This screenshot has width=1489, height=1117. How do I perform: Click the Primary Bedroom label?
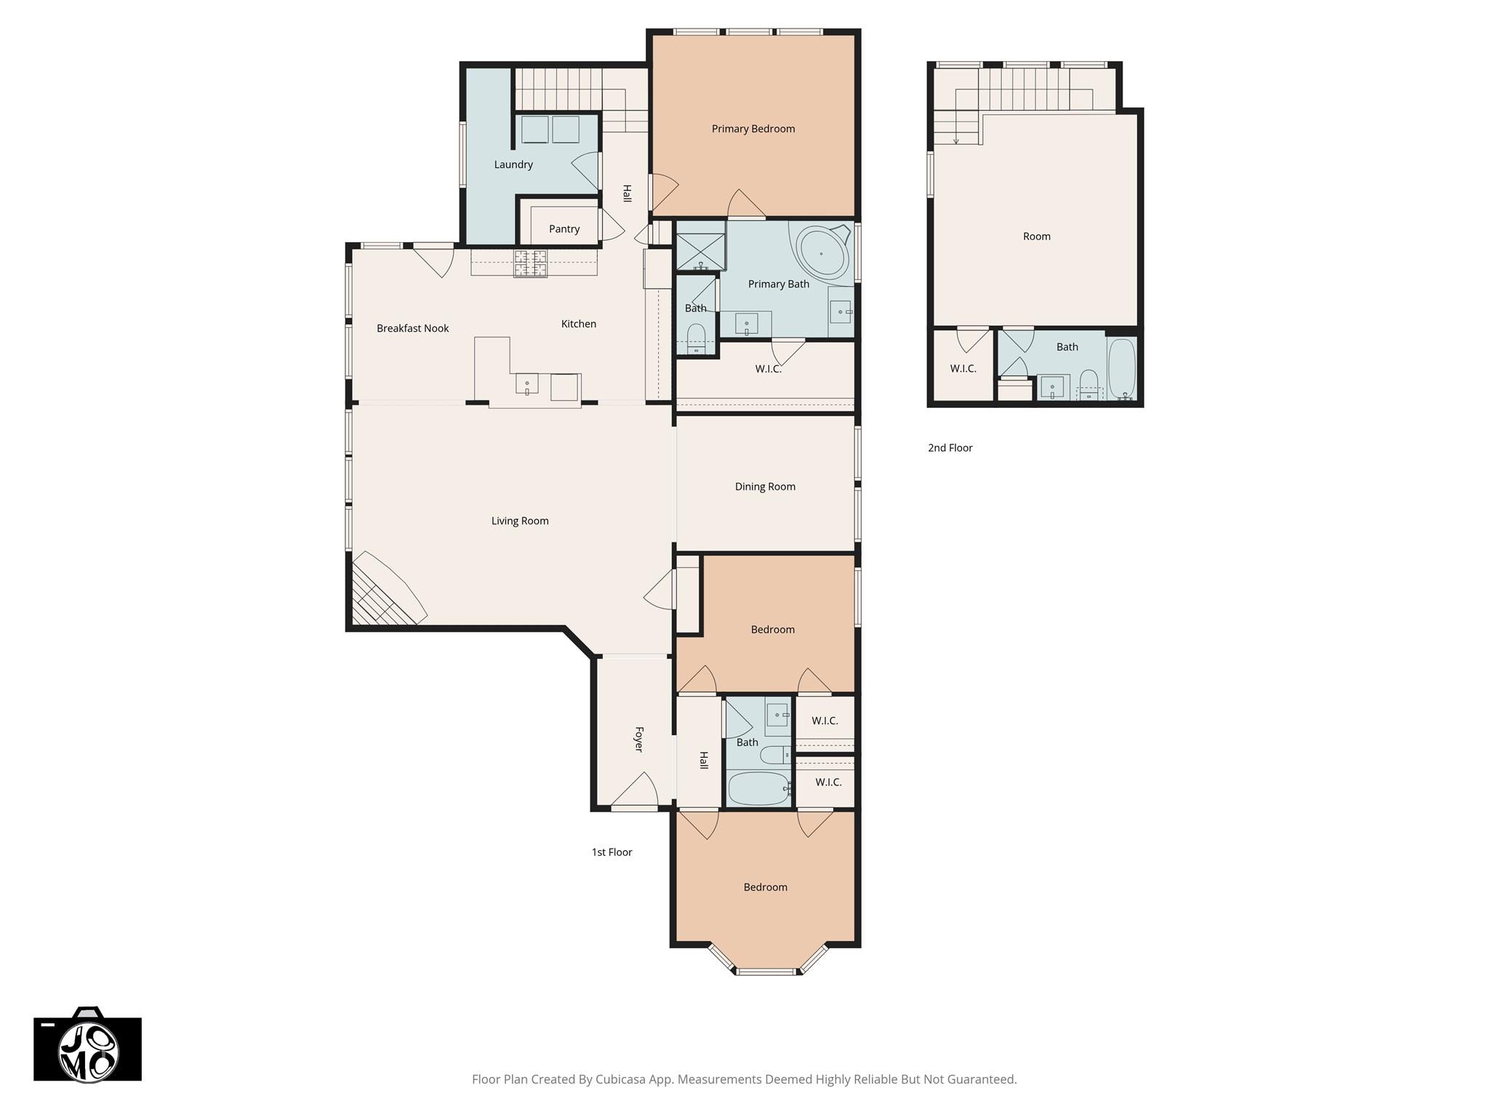(752, 129)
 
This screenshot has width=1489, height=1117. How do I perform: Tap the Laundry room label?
(513, 164)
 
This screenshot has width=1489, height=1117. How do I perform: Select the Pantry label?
(563, 229)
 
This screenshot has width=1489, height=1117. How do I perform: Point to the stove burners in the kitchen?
(530, 263)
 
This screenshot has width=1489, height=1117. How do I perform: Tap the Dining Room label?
(764, 487)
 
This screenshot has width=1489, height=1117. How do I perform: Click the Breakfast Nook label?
(412, 328)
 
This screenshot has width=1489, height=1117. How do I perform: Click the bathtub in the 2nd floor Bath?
(1121, 367)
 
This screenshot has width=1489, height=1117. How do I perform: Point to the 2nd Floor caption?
(950, 448)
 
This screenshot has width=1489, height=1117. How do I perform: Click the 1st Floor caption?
(611, 852)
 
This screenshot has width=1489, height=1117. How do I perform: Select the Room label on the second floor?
(1036, 236)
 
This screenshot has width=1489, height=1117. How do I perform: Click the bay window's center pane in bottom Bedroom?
(767, 971)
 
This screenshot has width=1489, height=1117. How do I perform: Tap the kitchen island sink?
(526, 383)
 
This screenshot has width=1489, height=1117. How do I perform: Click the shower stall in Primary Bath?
(700, 246)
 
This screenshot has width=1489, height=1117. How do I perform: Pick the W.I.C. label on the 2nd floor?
(963, 369)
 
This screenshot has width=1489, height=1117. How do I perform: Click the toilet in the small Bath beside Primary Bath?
(696, 340)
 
